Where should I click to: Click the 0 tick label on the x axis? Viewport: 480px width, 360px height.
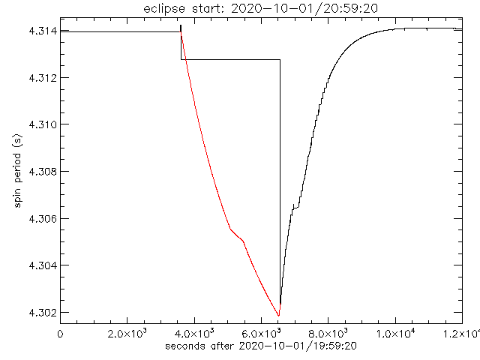click(x=61, y=334)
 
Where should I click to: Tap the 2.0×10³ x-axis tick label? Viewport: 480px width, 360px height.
click(x=127, y=334)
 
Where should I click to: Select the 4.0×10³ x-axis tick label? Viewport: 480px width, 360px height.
click(x=194, y=334)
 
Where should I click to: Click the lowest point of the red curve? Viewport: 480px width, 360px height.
click(x=279, y=316)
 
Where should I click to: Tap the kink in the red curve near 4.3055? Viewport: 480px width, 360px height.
click(x=230, y=229)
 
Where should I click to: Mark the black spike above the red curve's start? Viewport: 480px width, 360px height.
click(x=181, y=27)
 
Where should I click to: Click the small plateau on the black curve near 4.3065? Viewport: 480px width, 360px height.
click(x=296, y=207)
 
